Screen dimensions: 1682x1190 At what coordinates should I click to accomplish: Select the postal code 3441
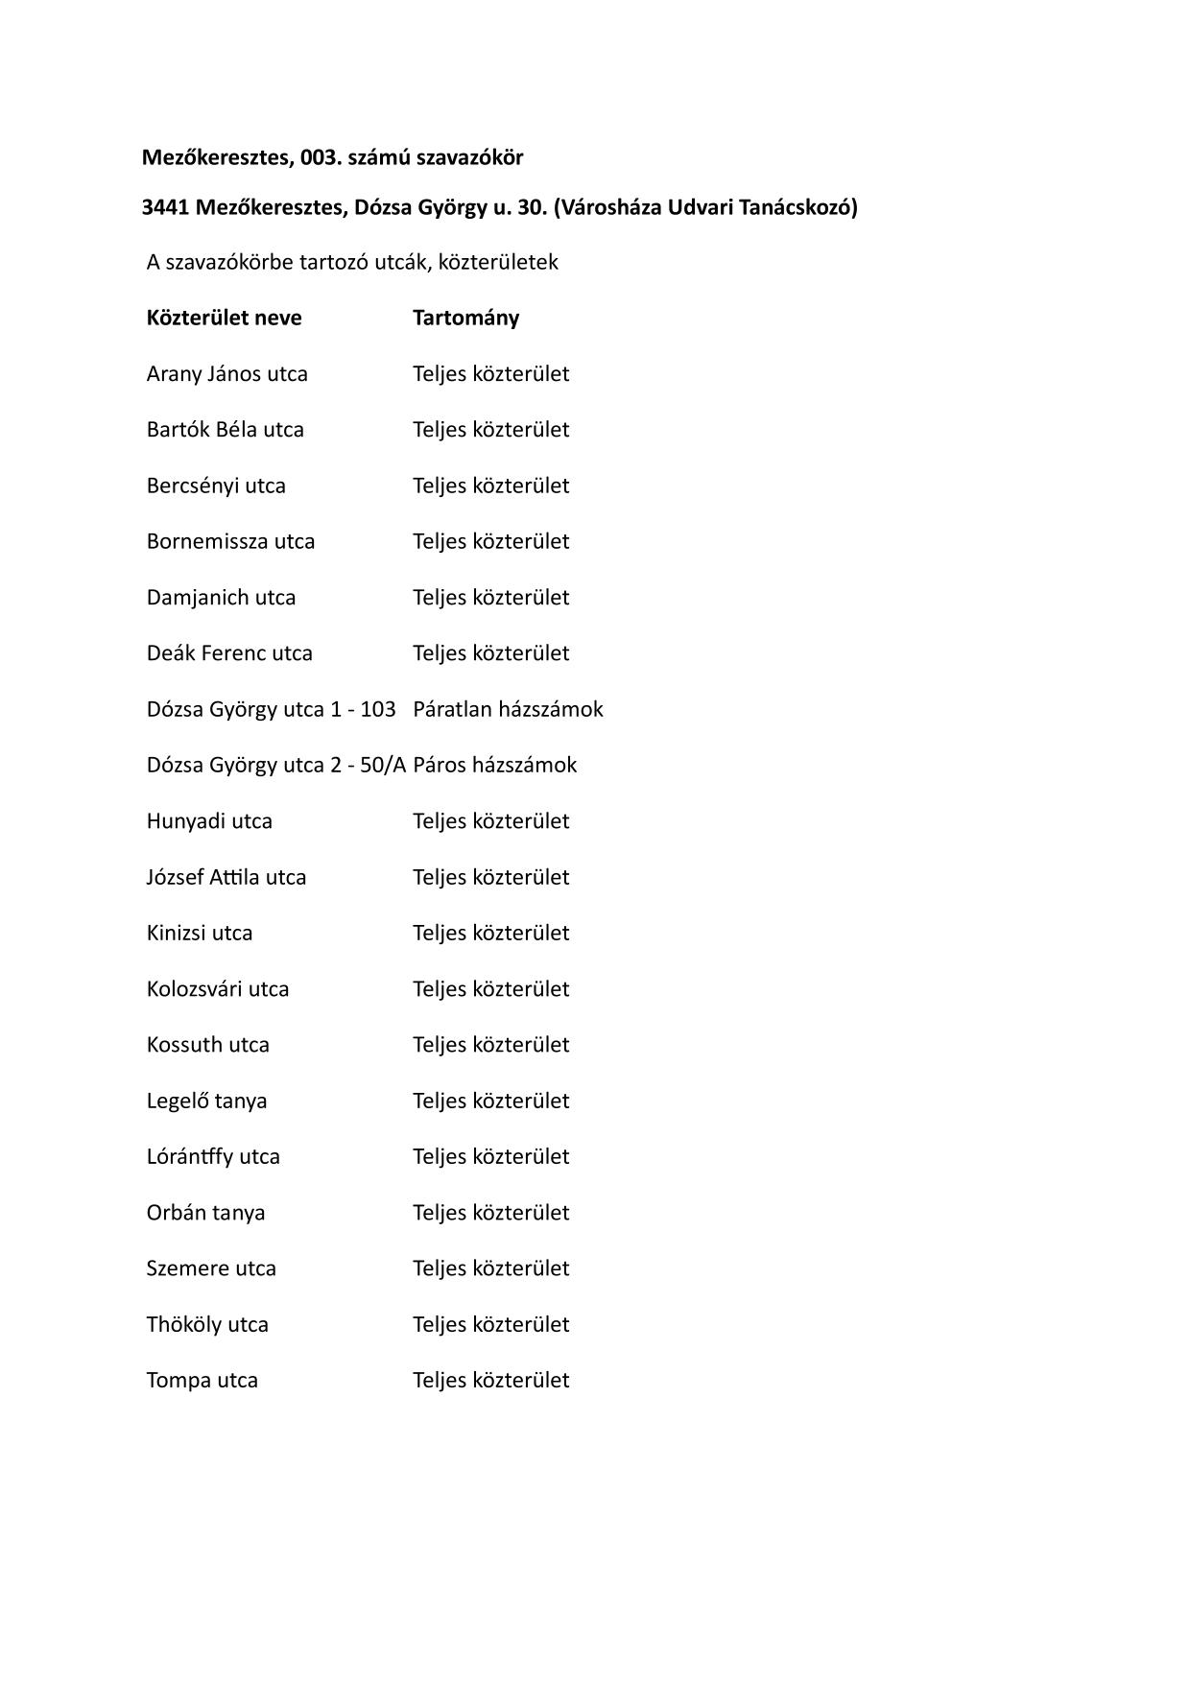(x=165, y=207)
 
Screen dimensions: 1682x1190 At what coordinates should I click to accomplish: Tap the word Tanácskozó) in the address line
(x=799, y=207)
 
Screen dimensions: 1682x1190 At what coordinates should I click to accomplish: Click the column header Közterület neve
(x=224, y=318)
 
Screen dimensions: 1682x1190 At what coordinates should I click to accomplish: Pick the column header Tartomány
(x=465, y=318)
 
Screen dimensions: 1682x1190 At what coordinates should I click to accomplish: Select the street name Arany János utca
(x=226, y=374)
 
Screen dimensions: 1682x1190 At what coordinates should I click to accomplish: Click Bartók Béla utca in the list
(x=225, y=430)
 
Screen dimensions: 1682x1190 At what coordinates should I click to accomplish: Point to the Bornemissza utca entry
(x=230, y=541)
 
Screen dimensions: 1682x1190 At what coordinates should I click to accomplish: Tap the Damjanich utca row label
(x=221, y=598)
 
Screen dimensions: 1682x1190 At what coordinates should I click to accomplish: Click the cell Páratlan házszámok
(x=508, y=709)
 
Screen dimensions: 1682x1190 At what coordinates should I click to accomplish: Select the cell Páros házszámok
(x=494, y=765)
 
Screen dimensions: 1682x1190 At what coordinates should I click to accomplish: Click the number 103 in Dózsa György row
(x=378, y=709)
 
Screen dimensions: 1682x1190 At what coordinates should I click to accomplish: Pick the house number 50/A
(x=383, y=765)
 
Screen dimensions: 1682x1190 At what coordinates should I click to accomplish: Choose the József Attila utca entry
(x=226, y=877)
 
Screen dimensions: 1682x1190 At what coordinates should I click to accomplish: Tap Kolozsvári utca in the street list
(x=217, y=989)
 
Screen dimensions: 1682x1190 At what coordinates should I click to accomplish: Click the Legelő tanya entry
(x=206, y=1101)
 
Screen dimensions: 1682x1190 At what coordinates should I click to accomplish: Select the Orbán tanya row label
(x=205, y=1213)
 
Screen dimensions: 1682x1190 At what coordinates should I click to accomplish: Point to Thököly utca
(x=207, y=1325)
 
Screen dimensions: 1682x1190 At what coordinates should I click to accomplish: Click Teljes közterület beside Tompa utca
(x=490, y=1381)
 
